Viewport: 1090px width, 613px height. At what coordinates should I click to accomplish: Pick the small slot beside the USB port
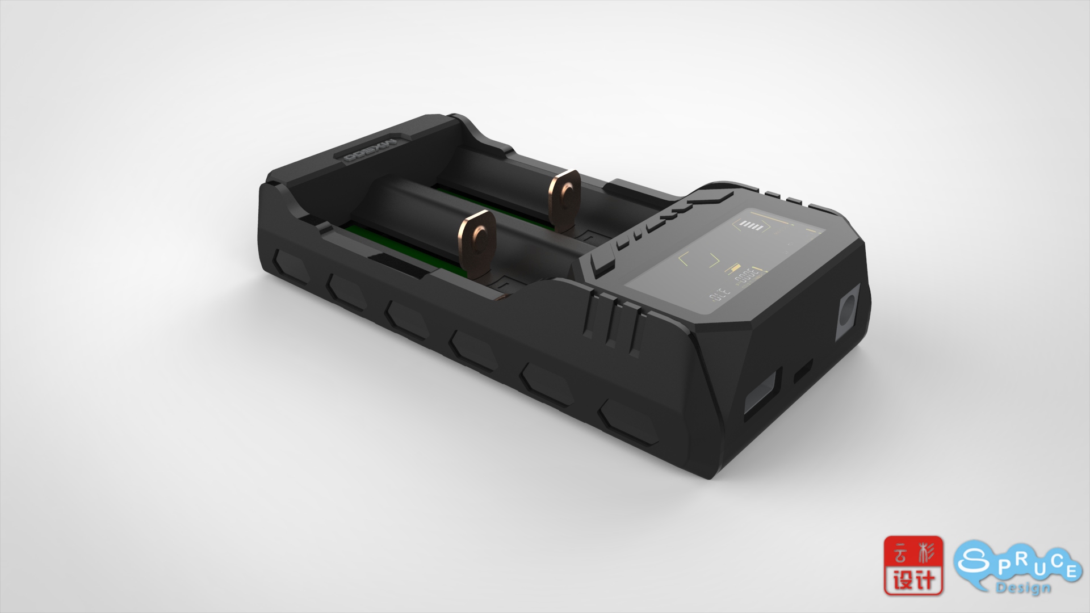pyautogui.click(x=803, y=370)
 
